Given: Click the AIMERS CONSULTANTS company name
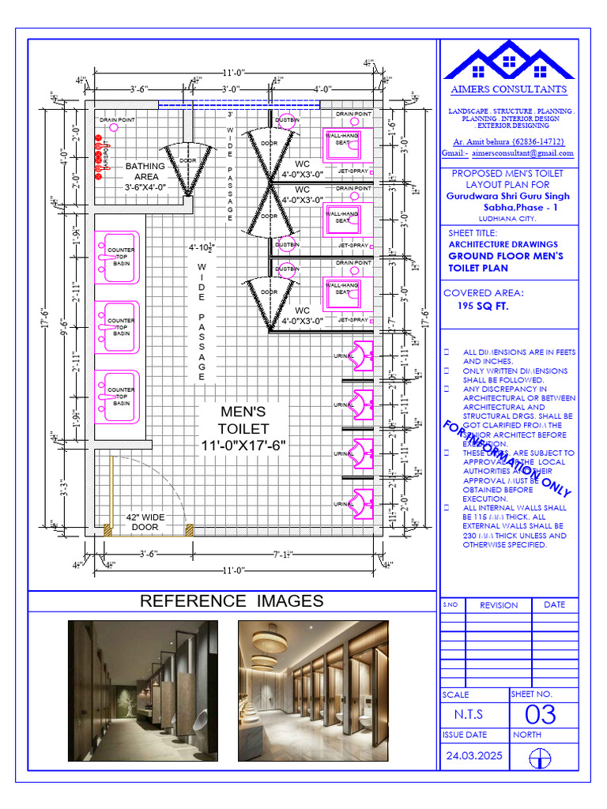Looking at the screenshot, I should click(x=508, y=90).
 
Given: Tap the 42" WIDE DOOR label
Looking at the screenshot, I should click(x=145, y=522).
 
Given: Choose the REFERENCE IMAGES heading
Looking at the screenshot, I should click(x=232, y=601).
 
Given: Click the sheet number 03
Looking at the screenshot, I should click(x=541, y=715).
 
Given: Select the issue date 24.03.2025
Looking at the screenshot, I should click(x=474, y=756).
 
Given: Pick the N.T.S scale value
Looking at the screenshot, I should click(x=468, y=715).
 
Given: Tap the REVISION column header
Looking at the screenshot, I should click(x=499, y=605).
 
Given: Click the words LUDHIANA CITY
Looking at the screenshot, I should click(x=507, y=217).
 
